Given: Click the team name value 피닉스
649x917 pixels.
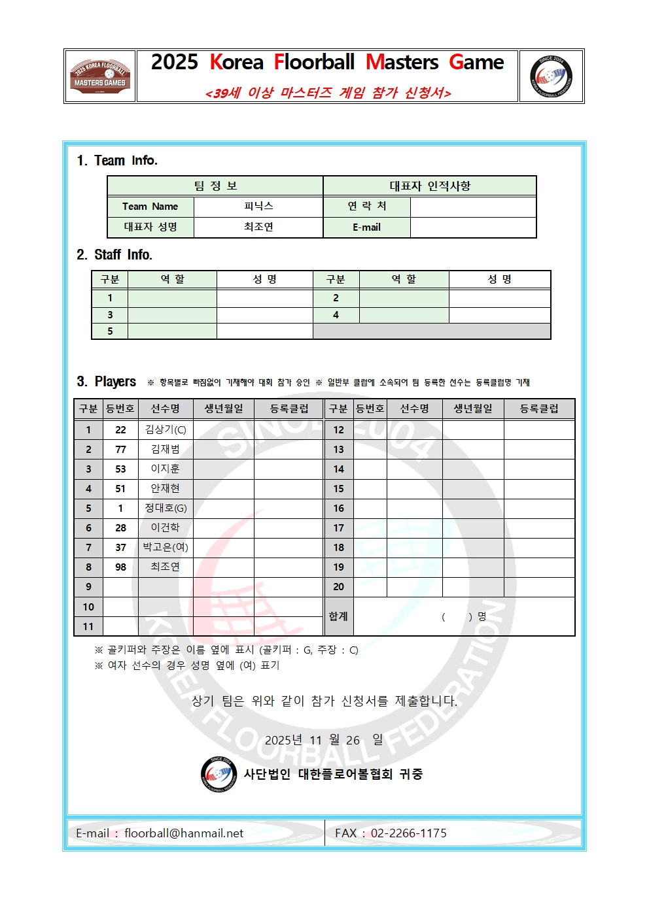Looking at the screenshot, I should (258, 207).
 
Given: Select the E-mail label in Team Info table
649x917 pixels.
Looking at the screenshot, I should (366, 227).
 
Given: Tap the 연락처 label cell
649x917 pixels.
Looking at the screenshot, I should (366, 207).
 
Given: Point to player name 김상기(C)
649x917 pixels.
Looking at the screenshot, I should (166, 430).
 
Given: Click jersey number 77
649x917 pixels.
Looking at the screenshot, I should (120, 450).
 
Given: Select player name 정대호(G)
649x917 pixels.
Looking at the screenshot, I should (166, 509).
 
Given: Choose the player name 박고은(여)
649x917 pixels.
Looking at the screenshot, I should (166, 548).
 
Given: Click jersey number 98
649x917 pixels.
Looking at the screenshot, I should (120, 567).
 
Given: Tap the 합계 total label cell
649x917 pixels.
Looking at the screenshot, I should (338, 616).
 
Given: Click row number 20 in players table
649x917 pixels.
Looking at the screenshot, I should (338, 587).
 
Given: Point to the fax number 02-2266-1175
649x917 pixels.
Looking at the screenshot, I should (408, 833).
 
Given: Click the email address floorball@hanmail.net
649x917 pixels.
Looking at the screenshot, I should (183, 833).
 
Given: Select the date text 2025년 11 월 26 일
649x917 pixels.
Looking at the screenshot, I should (323, 741).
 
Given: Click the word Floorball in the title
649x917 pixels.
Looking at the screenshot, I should (314, 63).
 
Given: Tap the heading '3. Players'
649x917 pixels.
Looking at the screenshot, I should (107, 382).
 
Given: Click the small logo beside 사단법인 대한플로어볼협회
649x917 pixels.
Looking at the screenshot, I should (218, 774).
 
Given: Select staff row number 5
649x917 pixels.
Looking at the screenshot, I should (110, 331).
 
